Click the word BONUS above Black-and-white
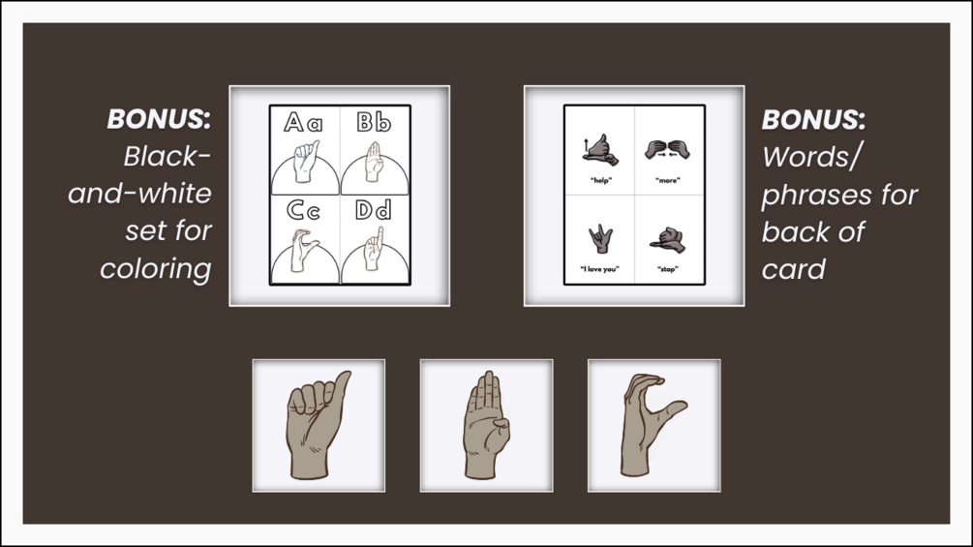point(159,119)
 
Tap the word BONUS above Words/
point(813,120)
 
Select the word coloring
point(156,269)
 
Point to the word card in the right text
point(794,269)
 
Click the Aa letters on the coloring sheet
point(303,122)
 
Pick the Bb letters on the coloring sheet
point(374,122)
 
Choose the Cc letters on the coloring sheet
point(303,210)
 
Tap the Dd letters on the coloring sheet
point(374,210)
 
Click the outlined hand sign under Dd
point(373,249)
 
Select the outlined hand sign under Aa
point(305,162)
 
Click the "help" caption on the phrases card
point(600,180)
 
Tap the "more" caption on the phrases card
point(668,180)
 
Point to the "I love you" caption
point(599,269)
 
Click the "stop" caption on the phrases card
point(668,269)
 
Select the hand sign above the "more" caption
point(668,149)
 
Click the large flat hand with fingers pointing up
point(487,425)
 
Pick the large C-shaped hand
point(646,425)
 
